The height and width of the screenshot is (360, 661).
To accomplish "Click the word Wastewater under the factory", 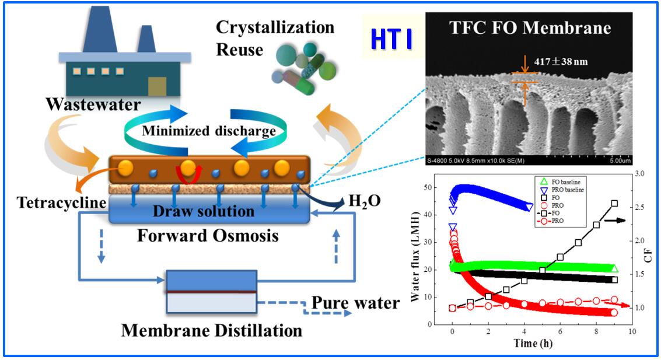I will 95,106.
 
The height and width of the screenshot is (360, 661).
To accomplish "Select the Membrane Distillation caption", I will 211,330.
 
